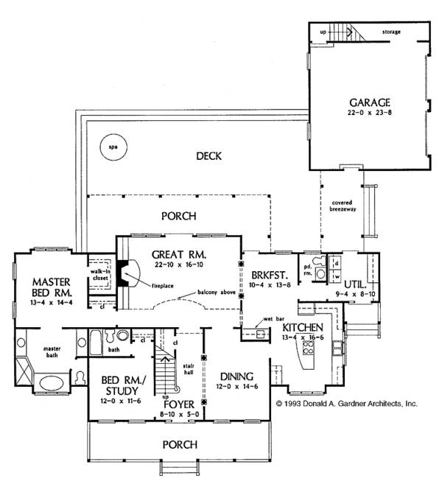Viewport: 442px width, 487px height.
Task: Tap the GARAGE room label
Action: pos(365,102)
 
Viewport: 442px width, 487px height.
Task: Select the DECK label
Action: pos(210,155)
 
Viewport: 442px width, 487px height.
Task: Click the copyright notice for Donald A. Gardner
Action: pos(346,404)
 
